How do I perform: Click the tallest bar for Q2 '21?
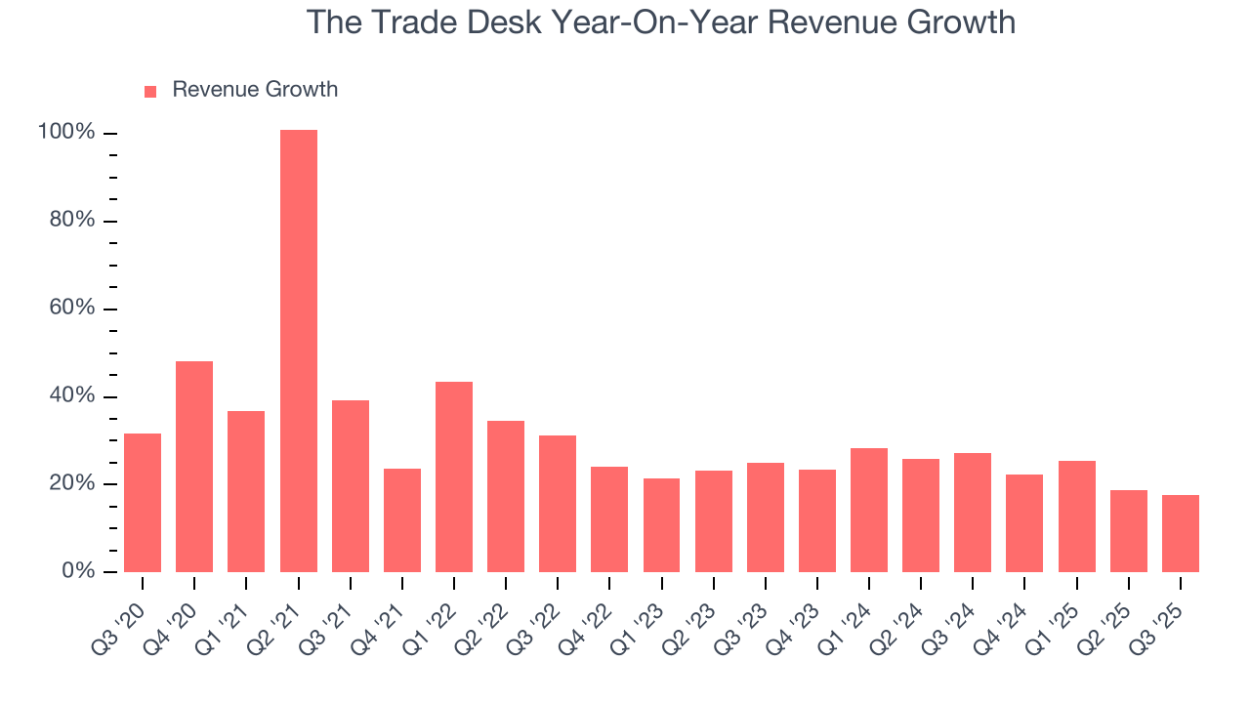[298, 351]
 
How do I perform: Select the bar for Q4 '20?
[194, 467]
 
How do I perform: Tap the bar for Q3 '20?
[143, 503]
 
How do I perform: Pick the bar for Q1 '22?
[454, 476]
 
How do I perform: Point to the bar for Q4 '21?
[402, 520]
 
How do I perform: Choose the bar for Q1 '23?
[661, 525]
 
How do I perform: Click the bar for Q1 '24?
[869, 510]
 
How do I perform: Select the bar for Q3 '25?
[1181, 533]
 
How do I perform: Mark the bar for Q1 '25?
[1077, 517]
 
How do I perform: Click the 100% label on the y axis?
[65, 133]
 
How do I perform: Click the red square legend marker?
[150, 92]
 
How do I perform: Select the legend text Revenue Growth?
[255, 90]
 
